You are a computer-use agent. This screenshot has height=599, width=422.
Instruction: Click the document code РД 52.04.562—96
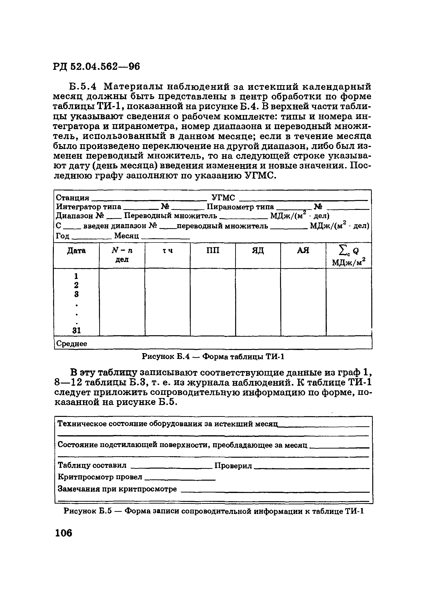(97, 67)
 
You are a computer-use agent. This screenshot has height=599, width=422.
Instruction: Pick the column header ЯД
(258, 250)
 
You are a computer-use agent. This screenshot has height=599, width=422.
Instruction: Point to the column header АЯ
(303, 250)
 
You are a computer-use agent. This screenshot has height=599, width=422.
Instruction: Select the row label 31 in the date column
(77, 331)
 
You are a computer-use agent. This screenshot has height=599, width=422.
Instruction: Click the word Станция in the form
(72, 198)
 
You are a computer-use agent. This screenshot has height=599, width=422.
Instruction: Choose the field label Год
(63, 236)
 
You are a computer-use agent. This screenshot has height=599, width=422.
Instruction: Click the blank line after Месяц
(165, 237)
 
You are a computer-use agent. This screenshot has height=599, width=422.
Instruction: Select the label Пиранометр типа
(240, 207)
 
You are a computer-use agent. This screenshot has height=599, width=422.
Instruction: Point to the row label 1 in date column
(76, 276)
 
